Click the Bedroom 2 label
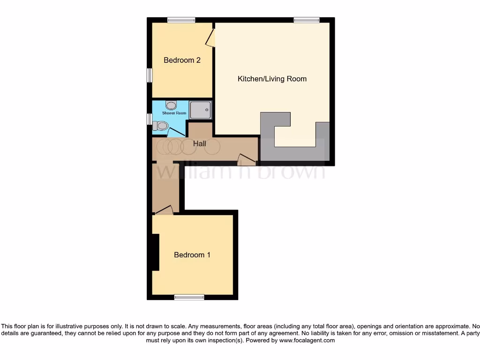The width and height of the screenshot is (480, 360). click(x=182, y=60)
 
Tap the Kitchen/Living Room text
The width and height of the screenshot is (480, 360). click(x=272, y=79)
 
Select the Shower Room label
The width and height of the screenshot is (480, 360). click(x=174, y=113)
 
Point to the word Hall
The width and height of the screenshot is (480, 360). click(x=200, y=143)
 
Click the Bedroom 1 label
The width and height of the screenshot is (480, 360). click(x=192, y=255)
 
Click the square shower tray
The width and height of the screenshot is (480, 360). click(x=200, y=110)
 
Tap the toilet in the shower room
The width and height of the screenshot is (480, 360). click(x=161, y=126)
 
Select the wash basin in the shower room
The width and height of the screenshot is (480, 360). click(x=171, y=105)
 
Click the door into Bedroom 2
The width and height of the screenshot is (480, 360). click(x=210, y=37)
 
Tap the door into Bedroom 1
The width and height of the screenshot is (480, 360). click(x=165, y=210)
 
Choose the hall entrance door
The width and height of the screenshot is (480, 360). click(x=247, y=160)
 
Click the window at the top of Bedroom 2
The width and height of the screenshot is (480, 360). click(x=181, y=20)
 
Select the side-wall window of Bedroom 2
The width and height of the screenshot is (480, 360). click(x=149, y=75)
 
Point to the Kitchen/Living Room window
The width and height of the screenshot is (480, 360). click(x=307, y=20)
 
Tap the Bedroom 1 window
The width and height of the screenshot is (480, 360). click(x=189, y=297)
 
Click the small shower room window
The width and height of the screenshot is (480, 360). click(x=149, y=120)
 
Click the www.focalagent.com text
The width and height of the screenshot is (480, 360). click(x=307, y=341)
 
